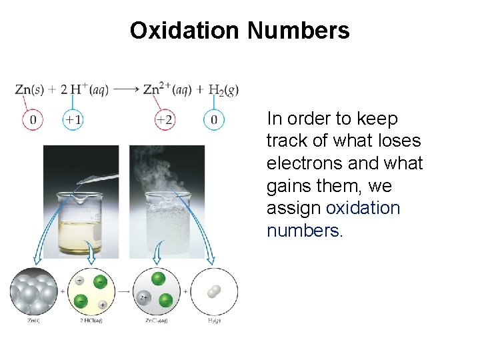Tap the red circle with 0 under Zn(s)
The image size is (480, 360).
pyautogui.click(x=33, y=121)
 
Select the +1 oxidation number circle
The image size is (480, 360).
pyautogui.click(x=73, y=121)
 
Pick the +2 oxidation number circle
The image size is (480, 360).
pyautogui.click(x=165, y=121)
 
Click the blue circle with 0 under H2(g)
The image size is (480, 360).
pyautogui.click(x=213, y=121)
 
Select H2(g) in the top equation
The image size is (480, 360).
pyautogui.click(x=223, y=90)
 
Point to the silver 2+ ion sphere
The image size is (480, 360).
pyautogui.click(x=143, y=298)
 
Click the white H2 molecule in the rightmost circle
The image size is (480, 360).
pyautogui.click(x=213, y=291)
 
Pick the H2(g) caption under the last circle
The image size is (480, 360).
pyautogui.click(x=214, y=321)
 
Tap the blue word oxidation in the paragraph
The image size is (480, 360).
pyautogui.click(x=363, y=208)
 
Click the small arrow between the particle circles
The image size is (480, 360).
pyautogui.click(x=123, y=291)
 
